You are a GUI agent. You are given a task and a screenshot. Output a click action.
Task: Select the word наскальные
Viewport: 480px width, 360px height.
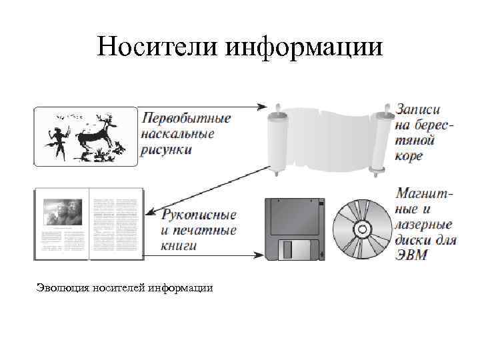pos(177,134)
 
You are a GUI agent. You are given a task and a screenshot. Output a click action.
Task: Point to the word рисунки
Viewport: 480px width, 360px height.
pos(167,149)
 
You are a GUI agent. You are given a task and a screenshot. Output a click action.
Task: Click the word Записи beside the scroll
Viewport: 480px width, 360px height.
pos(418,110)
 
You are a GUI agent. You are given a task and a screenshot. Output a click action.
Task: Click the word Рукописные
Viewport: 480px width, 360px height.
pos(199,215)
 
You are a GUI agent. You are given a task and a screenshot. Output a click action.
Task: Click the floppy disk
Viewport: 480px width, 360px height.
pos(294,229)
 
